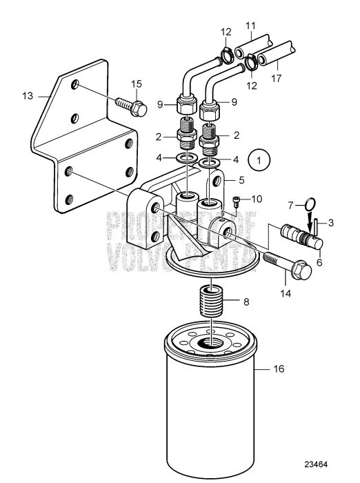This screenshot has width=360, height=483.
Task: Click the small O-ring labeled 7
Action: pyautogui.click(x=310, y=204)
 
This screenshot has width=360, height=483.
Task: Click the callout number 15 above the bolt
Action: pyautogui.click(x=137, y=83)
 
